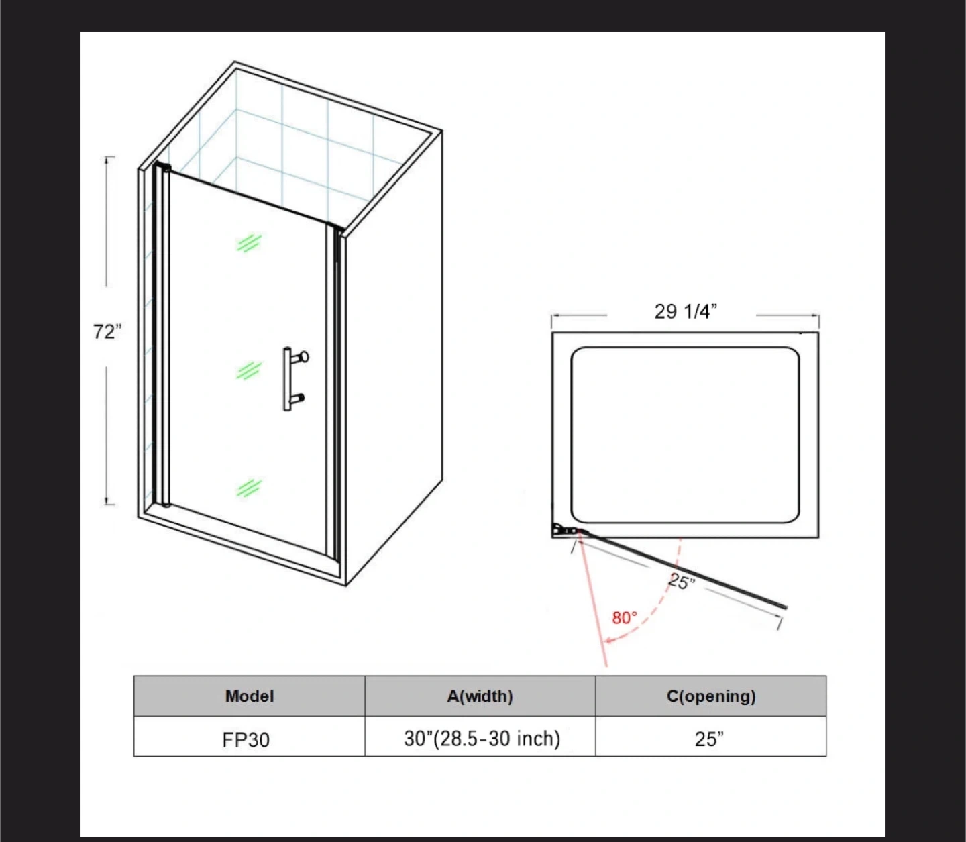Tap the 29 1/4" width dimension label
coord(686,311)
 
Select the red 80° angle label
coord(625,618)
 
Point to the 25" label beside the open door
coord(682,581)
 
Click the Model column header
coord(250,696)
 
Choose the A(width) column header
coord(480,696)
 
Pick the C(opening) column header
coord(711,696)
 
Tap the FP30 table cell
coord(246,740)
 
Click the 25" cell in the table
coord(709,739)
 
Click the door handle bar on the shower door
coord(287,379)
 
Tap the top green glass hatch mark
coord(249,243)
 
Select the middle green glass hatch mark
coord(249,371)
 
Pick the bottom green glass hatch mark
coord(249,488)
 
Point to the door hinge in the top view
coord(564,530)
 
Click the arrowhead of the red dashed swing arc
coord(608,641)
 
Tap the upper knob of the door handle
coord(304,356)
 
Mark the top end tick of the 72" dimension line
coord(109,157)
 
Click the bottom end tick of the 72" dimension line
coord(109,505)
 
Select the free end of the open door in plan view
coord(786,607)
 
